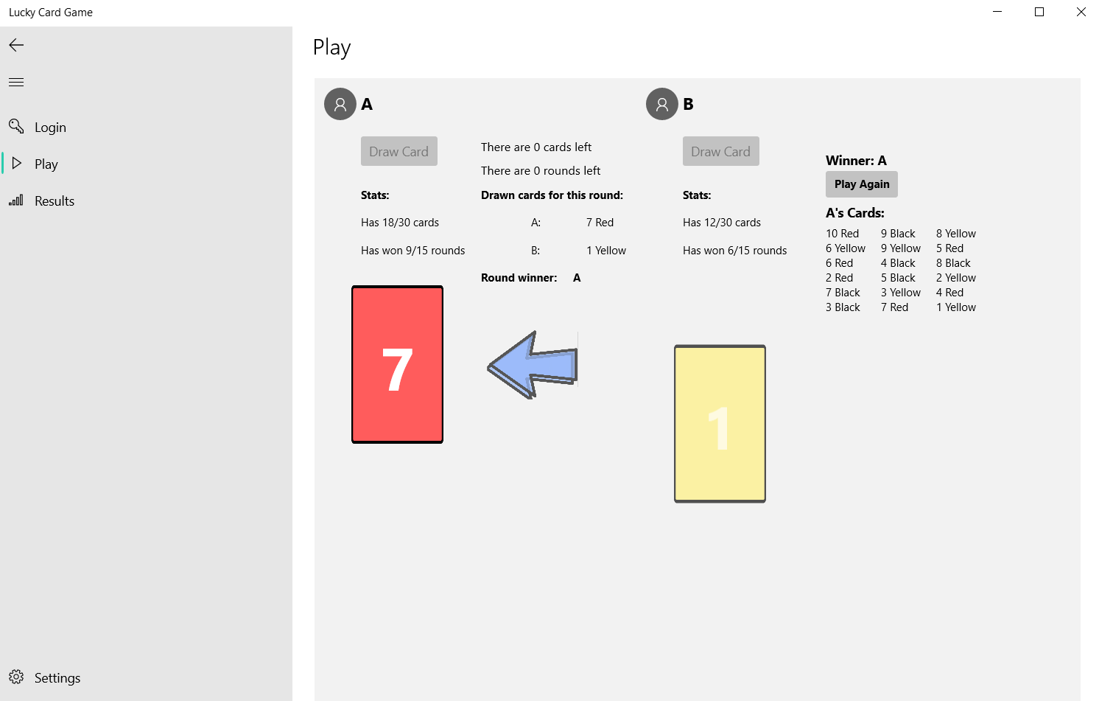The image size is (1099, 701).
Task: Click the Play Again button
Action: [862, 184]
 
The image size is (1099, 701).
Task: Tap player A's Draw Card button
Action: [399, 151]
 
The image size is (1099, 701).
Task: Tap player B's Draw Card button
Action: [720, 151]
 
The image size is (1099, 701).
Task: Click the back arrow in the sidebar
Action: [16, 45]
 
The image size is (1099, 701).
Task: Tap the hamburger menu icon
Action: [16, 82]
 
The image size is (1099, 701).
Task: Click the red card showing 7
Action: [398, 365]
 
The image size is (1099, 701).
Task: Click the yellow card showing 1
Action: [720, 424]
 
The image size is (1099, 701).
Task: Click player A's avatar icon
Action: [340, 104]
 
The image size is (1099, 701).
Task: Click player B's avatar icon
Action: [662, 104]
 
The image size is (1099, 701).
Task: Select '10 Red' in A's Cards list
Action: [842, 234]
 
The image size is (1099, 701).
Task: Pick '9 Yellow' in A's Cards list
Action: [900, 248]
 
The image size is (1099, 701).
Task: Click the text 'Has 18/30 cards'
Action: [400, 223]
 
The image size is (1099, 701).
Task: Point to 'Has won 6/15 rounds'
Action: [734, 251]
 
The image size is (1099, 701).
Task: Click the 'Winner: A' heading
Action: [856, 161]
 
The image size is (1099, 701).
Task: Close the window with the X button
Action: [1081, 12]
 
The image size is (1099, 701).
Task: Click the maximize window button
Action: [1039, 12]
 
